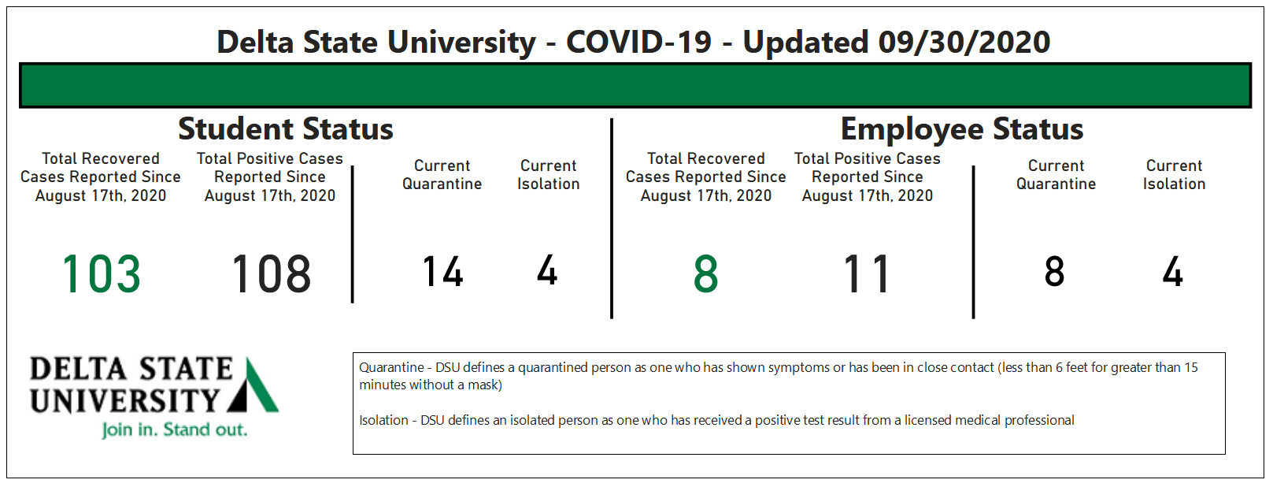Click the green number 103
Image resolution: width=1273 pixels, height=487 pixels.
pyautogui.click(x=101, y=274)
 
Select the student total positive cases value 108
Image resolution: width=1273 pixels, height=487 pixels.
pyautogui.click(x=272, y=274)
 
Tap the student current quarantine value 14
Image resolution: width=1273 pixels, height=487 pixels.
pyautogui.click(x=442, y=271)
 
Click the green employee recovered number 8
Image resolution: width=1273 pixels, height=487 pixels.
pyautogui.click(x=706, y=274)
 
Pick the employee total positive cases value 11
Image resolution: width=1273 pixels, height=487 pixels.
pyautogui.click(x=867, y=274)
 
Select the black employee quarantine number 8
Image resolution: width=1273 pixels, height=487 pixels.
pyautogui.click(x=1054, y=271)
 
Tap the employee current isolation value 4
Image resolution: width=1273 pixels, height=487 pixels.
pyautogui.click(x=1172, y=271)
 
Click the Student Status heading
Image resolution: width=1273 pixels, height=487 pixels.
pyautogui.click(x=285, y=129)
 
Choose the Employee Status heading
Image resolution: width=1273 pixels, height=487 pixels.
pyautogui.click(x=962, y=129)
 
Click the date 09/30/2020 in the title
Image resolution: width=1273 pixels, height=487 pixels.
pyautogui.click(x=964, y=43)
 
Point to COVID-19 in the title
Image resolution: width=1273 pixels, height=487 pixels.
pyautogui.click(x=638, y=42)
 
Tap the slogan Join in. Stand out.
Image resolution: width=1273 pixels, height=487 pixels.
pyautogui.click(x=175, y=429)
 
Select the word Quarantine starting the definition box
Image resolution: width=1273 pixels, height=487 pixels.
pyautogui.click(x=391, y=367)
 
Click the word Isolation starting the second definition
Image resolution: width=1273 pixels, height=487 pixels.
pyautogui.click(x=383, y=421)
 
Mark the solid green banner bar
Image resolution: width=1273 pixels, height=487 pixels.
pyautogui.click(x=635, y=85)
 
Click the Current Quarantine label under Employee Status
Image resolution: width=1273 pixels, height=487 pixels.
pyautogui.click(x=1056, y=175)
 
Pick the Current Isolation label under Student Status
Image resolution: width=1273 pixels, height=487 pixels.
pyautogui.click(x=549, y=175)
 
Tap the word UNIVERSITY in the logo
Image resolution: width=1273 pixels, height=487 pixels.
pyautogui.click(x=124, y=401)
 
